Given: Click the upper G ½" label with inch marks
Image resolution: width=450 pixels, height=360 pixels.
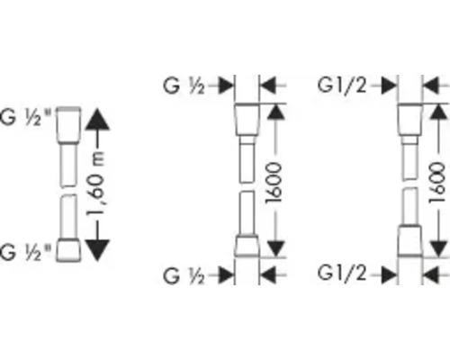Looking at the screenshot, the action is point(25,117).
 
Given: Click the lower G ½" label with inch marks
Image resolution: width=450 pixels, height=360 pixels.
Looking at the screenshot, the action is point(25,252).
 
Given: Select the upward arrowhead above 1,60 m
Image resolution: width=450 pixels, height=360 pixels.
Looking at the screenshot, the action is point(97,120).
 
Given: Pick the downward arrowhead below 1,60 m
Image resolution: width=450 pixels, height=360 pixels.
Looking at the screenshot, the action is point(97,250).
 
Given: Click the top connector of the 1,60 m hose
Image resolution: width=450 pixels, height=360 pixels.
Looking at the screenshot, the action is point(68,123).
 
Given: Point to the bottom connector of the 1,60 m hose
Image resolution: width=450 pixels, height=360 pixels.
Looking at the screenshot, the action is point(68,250).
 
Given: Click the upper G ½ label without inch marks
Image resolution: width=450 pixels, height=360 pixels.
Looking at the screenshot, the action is point(184,85).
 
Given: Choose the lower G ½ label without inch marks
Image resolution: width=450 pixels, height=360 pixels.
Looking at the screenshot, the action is point(184,275).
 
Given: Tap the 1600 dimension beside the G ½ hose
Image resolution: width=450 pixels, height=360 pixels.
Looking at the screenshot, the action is point(274,183).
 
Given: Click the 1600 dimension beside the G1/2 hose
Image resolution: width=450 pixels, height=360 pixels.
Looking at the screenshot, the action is point(437,183).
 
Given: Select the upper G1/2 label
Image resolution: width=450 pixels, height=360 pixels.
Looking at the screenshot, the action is point(342,85).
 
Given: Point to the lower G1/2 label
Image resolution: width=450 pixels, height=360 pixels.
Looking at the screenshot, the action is point(342,274).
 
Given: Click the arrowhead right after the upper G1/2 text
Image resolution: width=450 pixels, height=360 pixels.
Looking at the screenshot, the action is point(389,85).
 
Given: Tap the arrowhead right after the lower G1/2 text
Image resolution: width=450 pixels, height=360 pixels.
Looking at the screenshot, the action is point(389,274).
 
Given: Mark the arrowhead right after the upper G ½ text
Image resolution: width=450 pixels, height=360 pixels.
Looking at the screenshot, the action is point(226,85).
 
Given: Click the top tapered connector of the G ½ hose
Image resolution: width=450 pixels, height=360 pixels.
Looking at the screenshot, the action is point(247,120).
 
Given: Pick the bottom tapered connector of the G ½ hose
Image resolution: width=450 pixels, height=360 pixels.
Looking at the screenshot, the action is point(247,246).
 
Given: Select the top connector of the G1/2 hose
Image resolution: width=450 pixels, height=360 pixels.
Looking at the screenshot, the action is point(409,120).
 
